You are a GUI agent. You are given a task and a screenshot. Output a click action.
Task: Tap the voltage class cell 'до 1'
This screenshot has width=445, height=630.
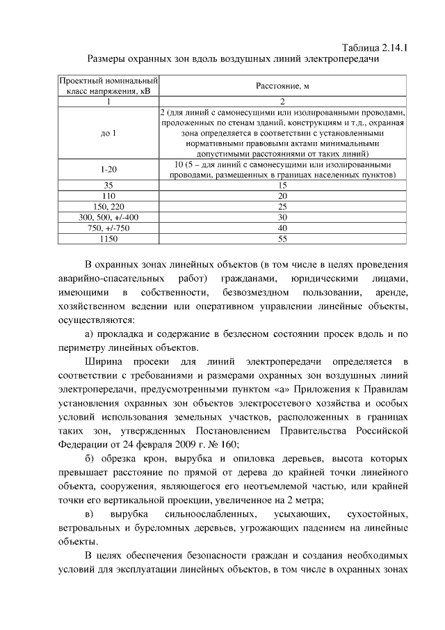tap(108, 132)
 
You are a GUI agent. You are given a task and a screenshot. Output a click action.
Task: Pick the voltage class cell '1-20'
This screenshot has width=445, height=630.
tap(108, 170)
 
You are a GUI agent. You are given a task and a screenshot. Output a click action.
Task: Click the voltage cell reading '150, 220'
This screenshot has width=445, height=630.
tap(108, 207)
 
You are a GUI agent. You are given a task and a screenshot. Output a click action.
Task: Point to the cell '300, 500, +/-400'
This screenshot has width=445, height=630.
tap(108, 217)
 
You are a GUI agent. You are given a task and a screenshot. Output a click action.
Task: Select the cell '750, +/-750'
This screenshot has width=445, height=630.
tap(108, 228)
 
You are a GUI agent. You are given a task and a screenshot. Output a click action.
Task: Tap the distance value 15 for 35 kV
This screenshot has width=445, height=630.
tap(282, 186)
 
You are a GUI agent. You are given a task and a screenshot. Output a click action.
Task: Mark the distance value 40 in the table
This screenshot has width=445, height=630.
tap(282, 228)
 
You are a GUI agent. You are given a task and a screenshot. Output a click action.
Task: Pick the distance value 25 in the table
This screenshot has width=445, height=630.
tap(282, 207)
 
